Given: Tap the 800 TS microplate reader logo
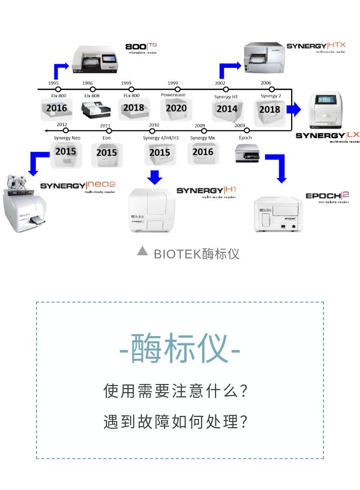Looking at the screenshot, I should point(141,48).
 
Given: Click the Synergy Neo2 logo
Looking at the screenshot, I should point(78,186).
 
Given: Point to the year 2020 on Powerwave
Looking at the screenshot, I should point(176,109).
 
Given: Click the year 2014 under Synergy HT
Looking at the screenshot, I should point(227,109).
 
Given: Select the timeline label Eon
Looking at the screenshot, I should point(106,139).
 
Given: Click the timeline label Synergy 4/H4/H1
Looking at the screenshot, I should point(161,138).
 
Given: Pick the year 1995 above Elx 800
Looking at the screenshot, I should point(53,83).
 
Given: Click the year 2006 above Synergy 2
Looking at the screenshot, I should point(265,83).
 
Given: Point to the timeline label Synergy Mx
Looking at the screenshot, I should point(203,138).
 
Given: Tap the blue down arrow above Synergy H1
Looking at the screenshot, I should point(154,177).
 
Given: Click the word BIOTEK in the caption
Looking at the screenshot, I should point(177,254).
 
